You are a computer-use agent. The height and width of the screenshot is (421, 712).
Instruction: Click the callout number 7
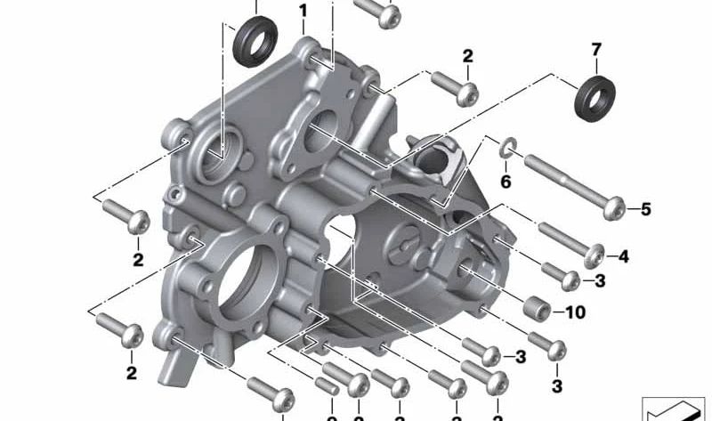(595, 48)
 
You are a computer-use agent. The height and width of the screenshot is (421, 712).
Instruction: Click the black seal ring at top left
(255, 43)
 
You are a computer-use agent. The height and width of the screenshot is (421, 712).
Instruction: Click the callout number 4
(623, 257)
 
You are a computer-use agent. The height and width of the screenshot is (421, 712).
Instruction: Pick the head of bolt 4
(595, 255)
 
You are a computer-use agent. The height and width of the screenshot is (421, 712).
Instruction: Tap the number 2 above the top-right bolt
(467, 56)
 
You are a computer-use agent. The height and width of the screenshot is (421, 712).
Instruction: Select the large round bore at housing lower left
(247, 283)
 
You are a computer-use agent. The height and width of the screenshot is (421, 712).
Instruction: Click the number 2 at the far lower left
(131, 373)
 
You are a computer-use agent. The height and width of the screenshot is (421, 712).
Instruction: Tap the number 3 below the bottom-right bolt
(557, 386)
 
